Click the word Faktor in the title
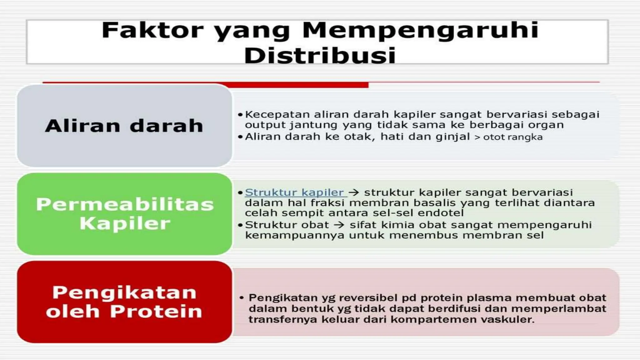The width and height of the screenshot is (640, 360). tap(152, 30)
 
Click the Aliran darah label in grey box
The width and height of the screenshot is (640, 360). tap(124, 126)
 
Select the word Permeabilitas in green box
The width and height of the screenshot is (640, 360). tap(125, 205)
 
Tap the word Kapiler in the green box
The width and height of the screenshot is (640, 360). tap(125, 224)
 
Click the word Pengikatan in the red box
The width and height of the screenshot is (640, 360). tap(124, 292)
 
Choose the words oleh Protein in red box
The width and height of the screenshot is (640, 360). tap(124, 312)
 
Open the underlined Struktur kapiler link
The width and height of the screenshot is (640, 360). tap(294, 192)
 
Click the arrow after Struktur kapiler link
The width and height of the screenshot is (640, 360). tap(354, 192)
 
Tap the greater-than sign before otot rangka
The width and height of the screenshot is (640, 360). tap(477, 137)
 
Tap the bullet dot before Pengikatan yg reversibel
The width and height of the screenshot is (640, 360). tap(242, 298)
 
